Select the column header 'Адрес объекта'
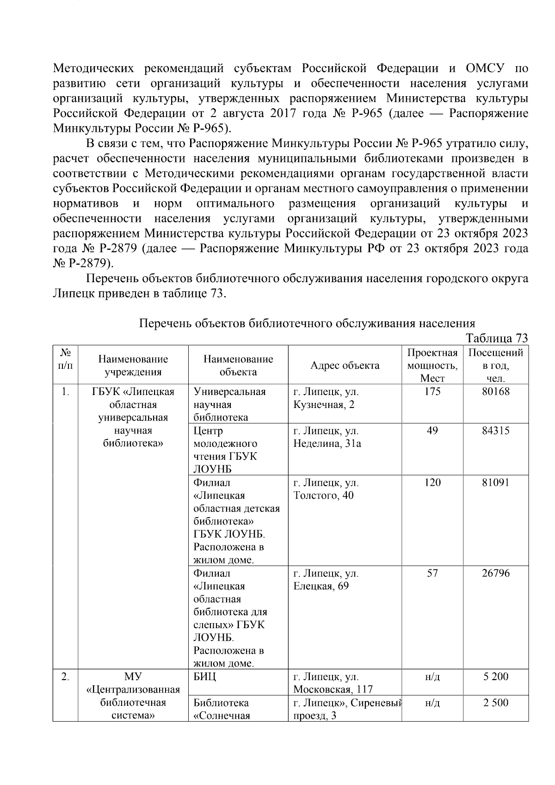[x=345, y=365]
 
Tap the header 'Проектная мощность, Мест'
[x=432, y=365]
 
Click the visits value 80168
[x=495, y=392]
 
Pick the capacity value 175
[x=432, y=392]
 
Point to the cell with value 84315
[x=495, y=431]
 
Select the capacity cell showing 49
[x=432, y=431]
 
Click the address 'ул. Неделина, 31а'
[x=327, y=438]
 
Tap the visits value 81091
[x=495, y=482]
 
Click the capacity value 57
[x=432, y=573]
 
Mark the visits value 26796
[x=495, y=573]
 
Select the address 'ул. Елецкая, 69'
[x=326, y=580]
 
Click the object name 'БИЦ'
[x=204, y=677]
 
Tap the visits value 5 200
[x=495, y=677]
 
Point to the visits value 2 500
[x=495, y=703]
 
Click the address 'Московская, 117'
[x=333, y=690]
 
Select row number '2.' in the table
[x=65, y=677]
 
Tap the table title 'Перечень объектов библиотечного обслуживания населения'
[x=307, y=323]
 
